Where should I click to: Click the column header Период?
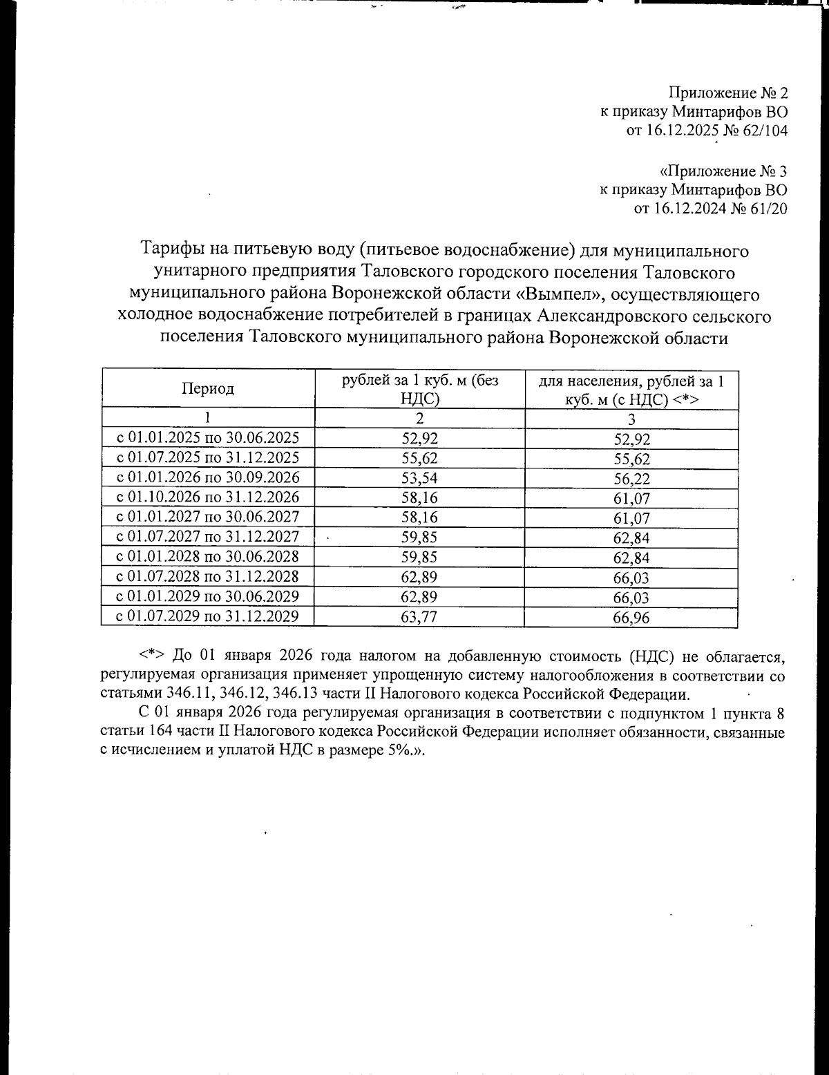pyautogui.click(x=207, y=389)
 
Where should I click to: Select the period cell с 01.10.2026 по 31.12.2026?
pyautogui.click(x=207, y=497)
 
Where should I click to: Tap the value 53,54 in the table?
pyautogui.click(x=419, y=478)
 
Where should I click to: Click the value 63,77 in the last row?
pyautogui.click(x=419, y=617)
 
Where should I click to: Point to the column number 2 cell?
pyautogui.click(x=419, y=419)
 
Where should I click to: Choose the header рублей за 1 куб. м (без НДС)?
pyautogui.click(x=419, y=389)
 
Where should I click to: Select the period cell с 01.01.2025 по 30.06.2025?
pyautogui.click(x=207, y=437)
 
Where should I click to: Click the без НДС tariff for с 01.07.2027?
pyautogui.click(x=419, y=537)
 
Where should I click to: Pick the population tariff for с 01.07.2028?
pyautogui.click(x=631, y=578)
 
